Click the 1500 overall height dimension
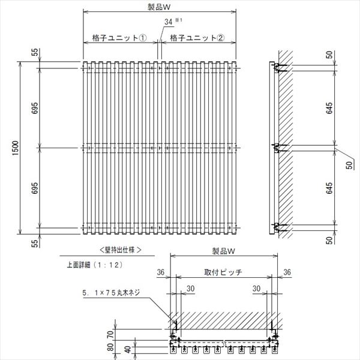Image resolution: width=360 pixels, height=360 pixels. point(15,148)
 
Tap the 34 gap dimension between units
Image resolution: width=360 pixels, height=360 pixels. point(168,22)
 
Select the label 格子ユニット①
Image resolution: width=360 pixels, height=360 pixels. point(119,38)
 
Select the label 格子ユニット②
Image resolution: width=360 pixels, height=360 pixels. point(197,38)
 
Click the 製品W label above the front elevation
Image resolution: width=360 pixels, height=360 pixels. point(159,7)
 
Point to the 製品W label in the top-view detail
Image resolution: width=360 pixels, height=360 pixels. point(223,251)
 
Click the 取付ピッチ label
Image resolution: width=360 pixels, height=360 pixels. point(223,272)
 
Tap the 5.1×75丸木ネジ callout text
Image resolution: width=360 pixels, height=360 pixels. point(111,293)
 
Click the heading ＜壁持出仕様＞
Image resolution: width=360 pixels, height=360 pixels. point(121,250)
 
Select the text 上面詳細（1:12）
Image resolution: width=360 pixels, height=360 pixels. point(95,265)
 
